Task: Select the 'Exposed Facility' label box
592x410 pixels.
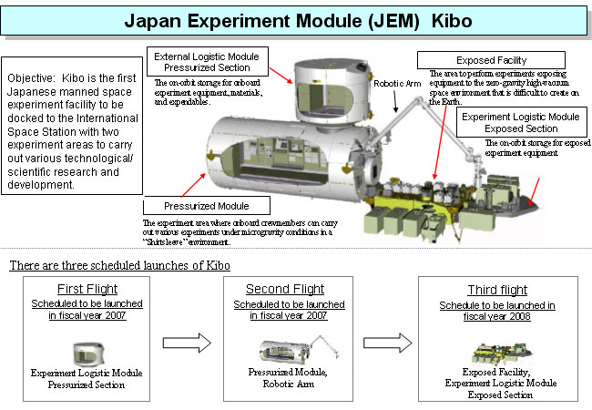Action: [x=491, y=60]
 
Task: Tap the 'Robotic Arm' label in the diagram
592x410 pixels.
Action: [x=396, y=82]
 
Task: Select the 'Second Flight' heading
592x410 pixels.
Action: [x=286, y=288]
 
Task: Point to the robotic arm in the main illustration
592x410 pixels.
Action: [x=414, y=128]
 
